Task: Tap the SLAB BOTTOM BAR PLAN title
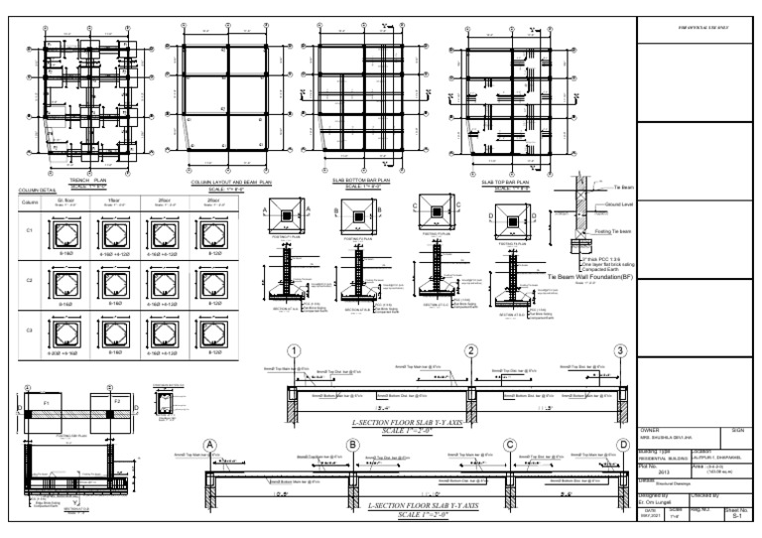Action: pos(360,181)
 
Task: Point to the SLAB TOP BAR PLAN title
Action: pos(503,182)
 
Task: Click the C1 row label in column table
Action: pos(29,230)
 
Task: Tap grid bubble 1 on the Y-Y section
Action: pos(294,351)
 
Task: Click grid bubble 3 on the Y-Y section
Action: pos(620,351)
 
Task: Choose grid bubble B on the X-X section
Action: pos(352,445)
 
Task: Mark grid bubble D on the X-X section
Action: pos(623,445)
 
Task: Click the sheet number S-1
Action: pos(735,516)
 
